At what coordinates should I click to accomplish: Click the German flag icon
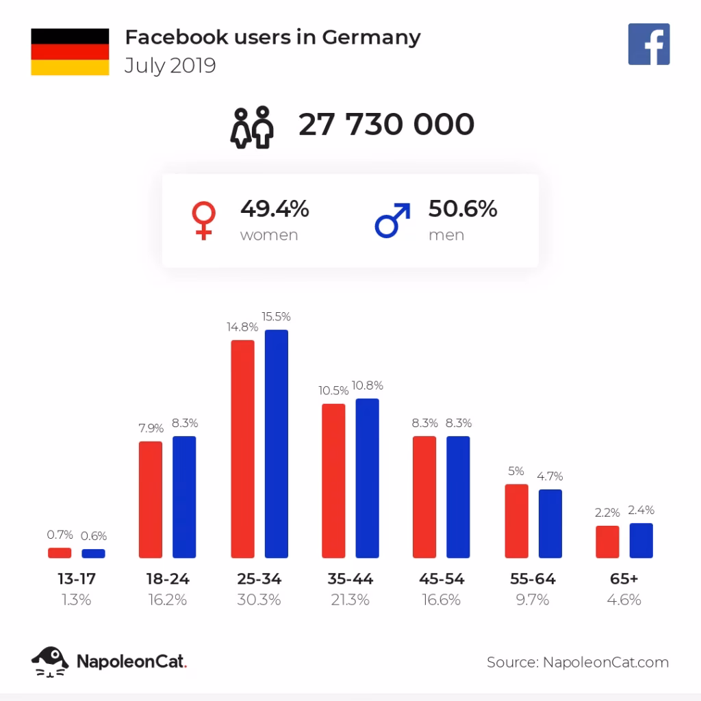[x=70, y=51]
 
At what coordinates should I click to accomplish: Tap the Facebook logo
[x=648, y=44]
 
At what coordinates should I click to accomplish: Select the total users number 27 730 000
[x=386, y=125]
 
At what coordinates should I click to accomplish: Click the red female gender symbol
[x=203, y=220]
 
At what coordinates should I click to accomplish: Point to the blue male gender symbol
[x=392, y=220]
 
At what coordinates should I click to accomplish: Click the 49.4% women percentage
[x=275, y=209]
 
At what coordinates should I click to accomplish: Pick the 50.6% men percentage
[x=463, y=209]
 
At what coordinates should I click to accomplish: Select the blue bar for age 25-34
[x=277, y=444]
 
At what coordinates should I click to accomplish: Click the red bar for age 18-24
[x=151, y=500]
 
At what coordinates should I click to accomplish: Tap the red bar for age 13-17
[x=60, y=552]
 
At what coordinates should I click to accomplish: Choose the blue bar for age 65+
[x=641, y=541]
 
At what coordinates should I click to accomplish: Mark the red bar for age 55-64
[x=516, y=521]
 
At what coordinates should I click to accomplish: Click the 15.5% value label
[x=277, y=317]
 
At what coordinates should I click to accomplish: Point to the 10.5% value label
[x=333, y=391]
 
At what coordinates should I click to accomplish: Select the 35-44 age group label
[x=350, y=579]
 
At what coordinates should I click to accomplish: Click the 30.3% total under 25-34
[x=259, y=600]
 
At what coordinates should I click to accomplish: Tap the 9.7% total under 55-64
[x=533, y=600]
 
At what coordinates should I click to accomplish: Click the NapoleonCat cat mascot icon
[x=50, y=661]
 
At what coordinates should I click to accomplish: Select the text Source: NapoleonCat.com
[x=577, y=662]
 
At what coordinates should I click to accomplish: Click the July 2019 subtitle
[x=170, y=66]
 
